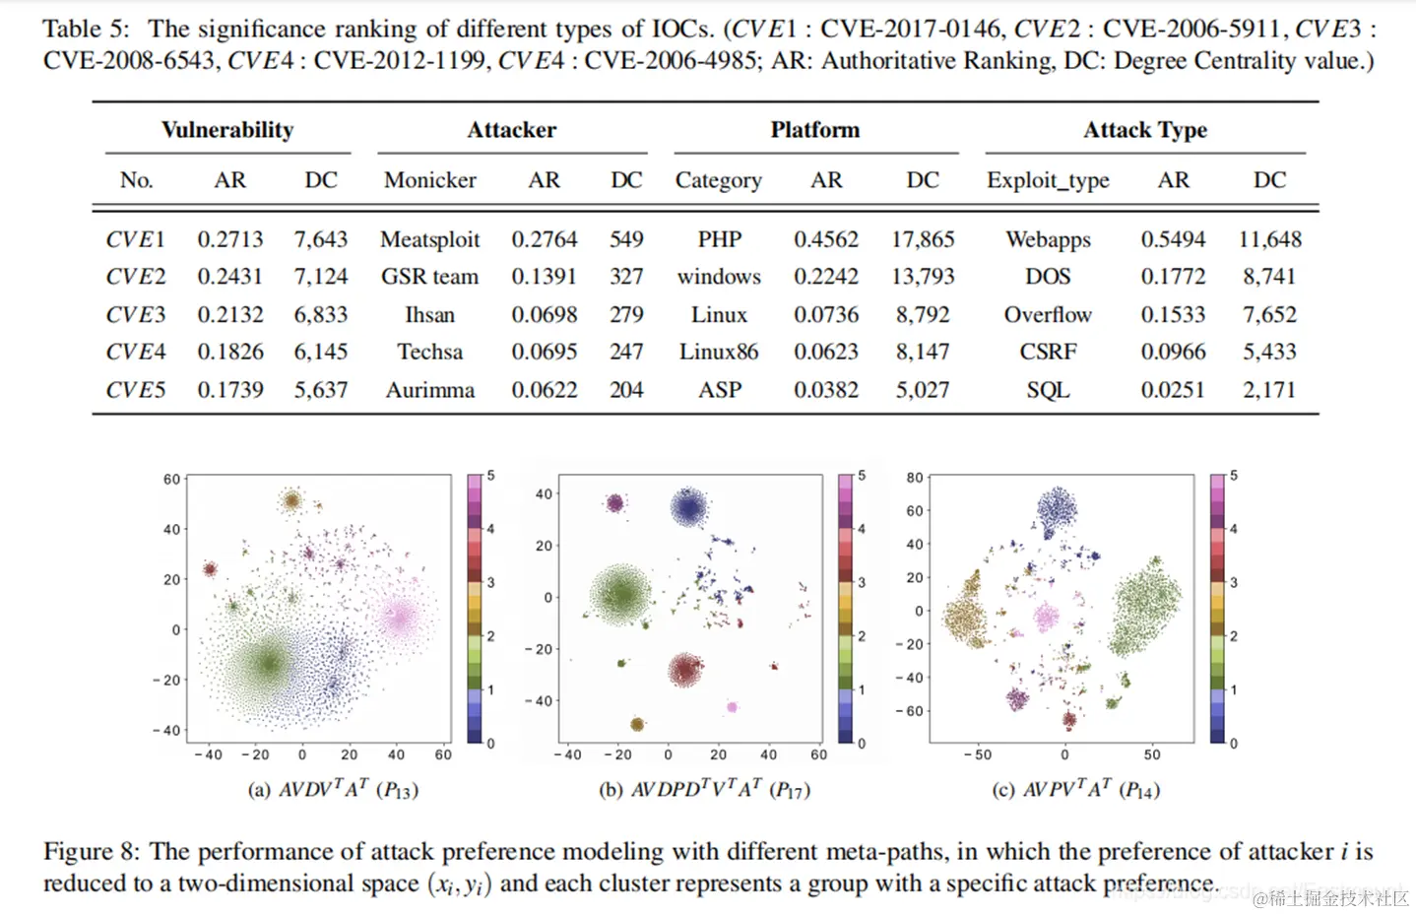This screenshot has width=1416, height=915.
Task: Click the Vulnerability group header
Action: coord(227,130)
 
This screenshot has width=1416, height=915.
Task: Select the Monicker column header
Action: coord(429,180)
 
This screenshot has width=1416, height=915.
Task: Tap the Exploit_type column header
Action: coord(1048,180)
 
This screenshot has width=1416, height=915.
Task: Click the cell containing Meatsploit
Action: coord(429,239)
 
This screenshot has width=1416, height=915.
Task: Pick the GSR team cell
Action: coord(429,277)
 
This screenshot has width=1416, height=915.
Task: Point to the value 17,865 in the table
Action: coord(923,239)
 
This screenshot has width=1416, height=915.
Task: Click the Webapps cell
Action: coord(1048,239)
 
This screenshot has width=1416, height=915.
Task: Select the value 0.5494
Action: coord(1173,239)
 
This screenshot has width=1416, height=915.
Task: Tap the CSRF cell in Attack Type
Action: coord(1048,352)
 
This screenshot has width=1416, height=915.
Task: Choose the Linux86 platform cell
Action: coord(719,352)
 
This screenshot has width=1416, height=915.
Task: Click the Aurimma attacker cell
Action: coord(429,390)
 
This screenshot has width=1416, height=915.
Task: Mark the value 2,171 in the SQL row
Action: coord(1269,390)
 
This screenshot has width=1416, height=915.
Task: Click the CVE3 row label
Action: coord(136,315)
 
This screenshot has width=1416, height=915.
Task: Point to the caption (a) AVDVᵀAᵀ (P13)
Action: coord(333,789)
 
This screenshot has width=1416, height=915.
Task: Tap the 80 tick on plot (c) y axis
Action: coord(915,478)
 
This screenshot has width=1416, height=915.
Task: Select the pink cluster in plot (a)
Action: coord(399,619)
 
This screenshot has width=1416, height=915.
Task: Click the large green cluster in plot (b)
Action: coord(621,594)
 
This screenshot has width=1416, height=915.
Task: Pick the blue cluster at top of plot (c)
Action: coord(1058,510)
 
